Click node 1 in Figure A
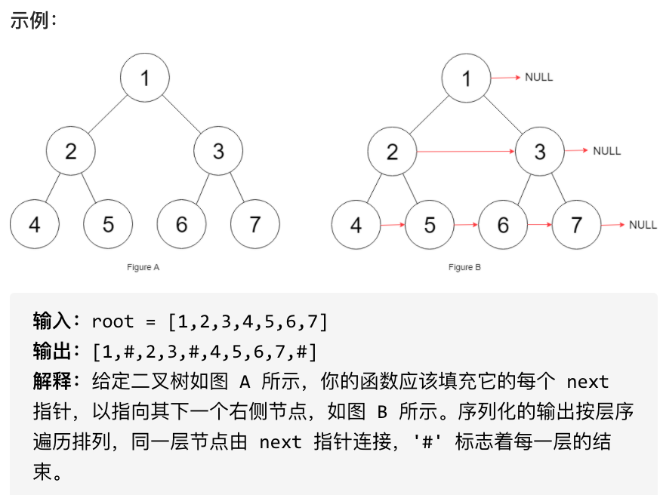(145, 78)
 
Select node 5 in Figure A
(108, 224)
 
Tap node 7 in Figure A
(255, 224)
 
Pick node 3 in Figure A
(218, 151)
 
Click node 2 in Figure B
(392, 152)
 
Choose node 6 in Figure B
(503, 225)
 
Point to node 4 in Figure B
(356, 225)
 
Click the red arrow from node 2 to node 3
(466, 152)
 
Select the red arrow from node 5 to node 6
(466, 225)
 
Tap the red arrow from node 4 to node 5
(393, 225)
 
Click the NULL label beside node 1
(538, 78)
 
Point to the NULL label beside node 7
(643, 225)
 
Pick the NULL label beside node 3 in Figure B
(607, 151)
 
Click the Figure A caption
(143, 267)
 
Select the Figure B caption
(464, 267)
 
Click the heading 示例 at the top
(29, 20)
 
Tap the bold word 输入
(52, 321)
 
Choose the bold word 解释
(52, 381)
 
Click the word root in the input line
(113, 321)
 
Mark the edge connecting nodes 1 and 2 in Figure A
(108, 115)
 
